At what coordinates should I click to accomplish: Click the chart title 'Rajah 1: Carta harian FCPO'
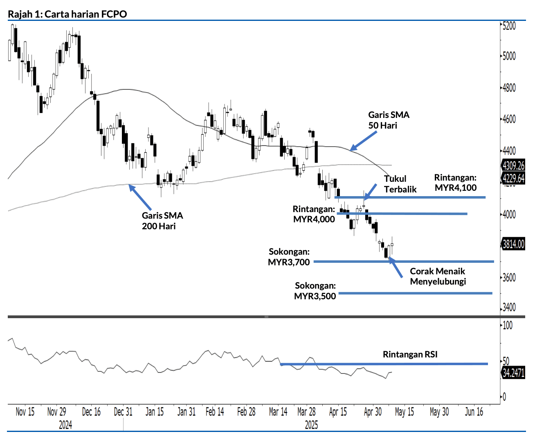coord(67,14)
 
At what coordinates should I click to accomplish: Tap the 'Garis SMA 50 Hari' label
coord(388,120)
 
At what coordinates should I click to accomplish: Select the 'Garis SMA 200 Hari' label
coord(162,221)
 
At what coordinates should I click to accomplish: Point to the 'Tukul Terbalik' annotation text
coord(400,184)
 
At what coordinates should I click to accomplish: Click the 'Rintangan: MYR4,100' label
coord(455,183)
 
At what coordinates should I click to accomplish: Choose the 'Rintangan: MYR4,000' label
coord(314,214)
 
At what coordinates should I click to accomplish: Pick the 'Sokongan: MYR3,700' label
coord(289,257)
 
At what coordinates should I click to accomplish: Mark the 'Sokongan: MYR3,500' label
coord(315,291)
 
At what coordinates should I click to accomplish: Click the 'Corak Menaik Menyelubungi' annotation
coord(438,276)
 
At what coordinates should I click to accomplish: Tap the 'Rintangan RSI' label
coord(410,355)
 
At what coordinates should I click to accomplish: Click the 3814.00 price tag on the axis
coord(513,244)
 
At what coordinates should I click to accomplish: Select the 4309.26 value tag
coord(513,165)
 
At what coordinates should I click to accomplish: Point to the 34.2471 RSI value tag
coord(513,373)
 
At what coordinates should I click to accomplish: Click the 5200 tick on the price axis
coord(509,26)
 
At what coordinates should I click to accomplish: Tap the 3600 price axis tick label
coord(509,278)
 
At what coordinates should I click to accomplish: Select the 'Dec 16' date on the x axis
coord(91,412)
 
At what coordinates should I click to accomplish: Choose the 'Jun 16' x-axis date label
coord(474,412)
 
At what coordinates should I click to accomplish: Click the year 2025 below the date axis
coord(311,425)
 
